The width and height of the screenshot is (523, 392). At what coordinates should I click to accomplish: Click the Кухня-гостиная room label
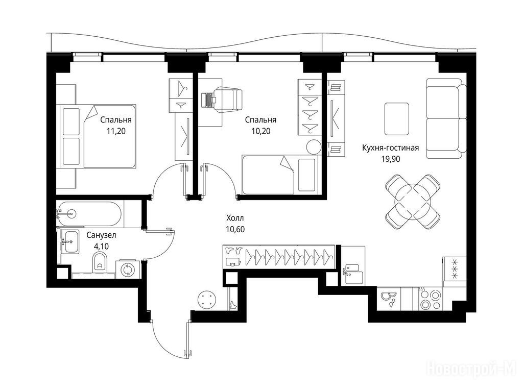tap(391, 148)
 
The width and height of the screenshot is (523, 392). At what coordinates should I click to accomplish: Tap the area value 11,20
tap(116, 131)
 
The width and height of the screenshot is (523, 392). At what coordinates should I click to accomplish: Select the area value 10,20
tap(261, 131)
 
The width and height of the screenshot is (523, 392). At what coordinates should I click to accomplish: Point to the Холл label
tap(235, 218)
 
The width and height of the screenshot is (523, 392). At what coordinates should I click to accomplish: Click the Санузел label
tap(102, 235)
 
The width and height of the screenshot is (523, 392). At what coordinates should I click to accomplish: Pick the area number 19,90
tap(391, 159)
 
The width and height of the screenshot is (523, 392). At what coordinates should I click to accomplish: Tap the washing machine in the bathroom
tap(127, 269)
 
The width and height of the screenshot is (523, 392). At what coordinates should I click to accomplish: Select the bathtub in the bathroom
tap(89, 213)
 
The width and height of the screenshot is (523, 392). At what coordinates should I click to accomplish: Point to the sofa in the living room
tap(446, 118)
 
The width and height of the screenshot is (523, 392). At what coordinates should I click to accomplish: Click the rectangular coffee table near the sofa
tap(396, 118)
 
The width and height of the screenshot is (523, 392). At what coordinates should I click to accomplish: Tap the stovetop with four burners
tap(430, 299)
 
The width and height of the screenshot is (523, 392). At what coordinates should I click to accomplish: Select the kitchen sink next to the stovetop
tap(390, 299)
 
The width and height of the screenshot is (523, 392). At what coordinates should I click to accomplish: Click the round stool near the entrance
tap(207, 299)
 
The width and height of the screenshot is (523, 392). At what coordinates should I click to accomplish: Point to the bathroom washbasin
tap(70, 241)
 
